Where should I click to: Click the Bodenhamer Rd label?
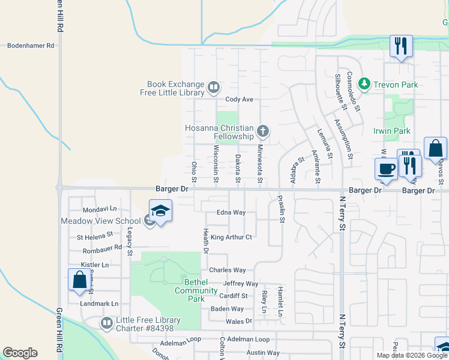pos(30,45)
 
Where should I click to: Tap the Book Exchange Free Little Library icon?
pos(213,89)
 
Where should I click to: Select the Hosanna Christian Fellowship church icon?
pos(262,131)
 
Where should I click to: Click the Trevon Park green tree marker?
pos(363,83)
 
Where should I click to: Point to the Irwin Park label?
pos(391,131)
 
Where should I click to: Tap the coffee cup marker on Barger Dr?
pos(385,169)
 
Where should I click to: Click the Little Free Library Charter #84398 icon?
pos(107,323)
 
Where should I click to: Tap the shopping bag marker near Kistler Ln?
pos(79,280)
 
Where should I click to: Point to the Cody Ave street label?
pos(240,100)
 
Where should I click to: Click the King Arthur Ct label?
pos(231,238)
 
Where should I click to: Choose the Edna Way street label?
pos(232,213)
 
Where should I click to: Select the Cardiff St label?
pos(233,296)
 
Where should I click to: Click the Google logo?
pos(20,353)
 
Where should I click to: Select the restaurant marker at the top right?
pos(400,46)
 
